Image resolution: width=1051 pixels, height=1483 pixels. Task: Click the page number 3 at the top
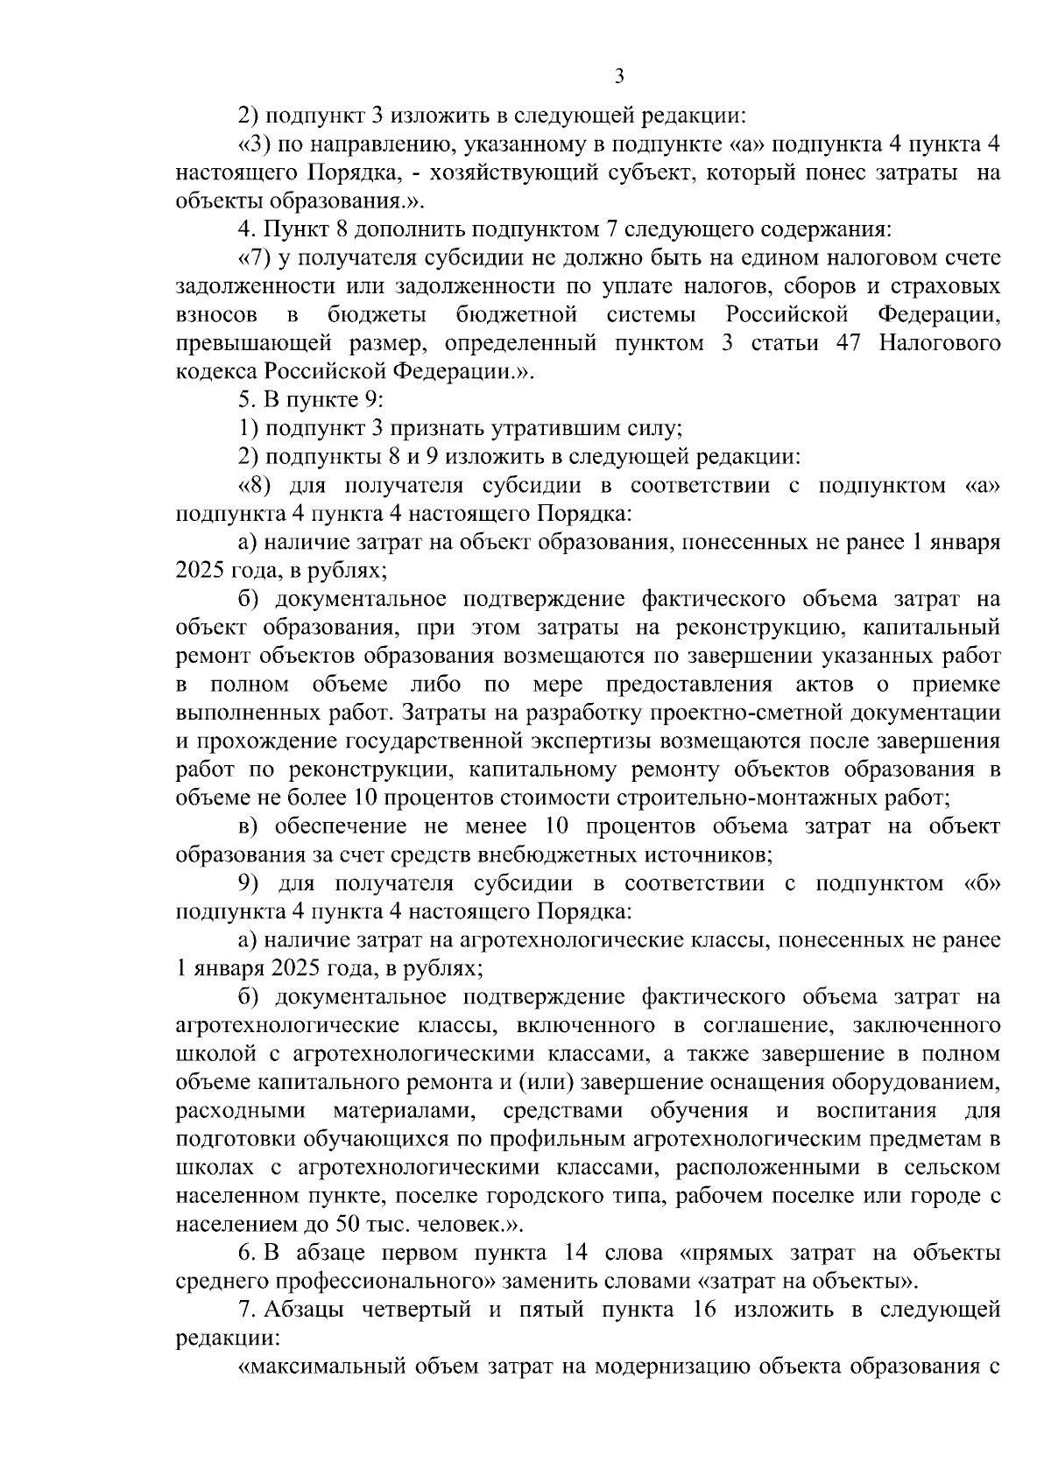[619, 77]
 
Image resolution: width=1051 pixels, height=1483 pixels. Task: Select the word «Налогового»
[940, 343]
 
